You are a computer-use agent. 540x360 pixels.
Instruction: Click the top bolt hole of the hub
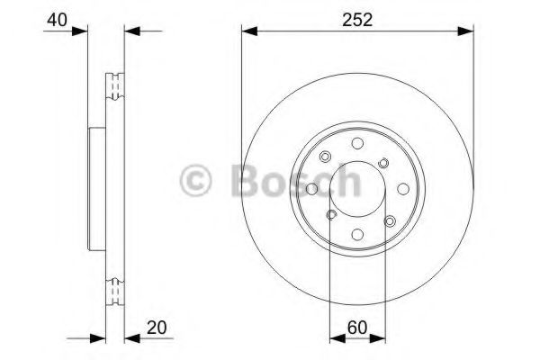357,143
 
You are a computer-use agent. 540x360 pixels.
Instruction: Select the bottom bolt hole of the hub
357,234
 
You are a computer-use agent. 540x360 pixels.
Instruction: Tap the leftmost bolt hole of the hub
311,189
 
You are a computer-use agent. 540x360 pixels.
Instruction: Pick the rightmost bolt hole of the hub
403,189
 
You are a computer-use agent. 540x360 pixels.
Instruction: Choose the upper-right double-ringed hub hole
384,162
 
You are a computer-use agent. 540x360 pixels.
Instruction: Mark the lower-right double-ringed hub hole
390,221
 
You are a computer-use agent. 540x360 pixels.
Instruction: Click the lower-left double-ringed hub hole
330,215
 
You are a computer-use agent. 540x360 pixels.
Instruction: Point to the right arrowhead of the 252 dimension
469,32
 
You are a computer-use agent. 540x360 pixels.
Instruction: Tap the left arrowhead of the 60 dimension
335,338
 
